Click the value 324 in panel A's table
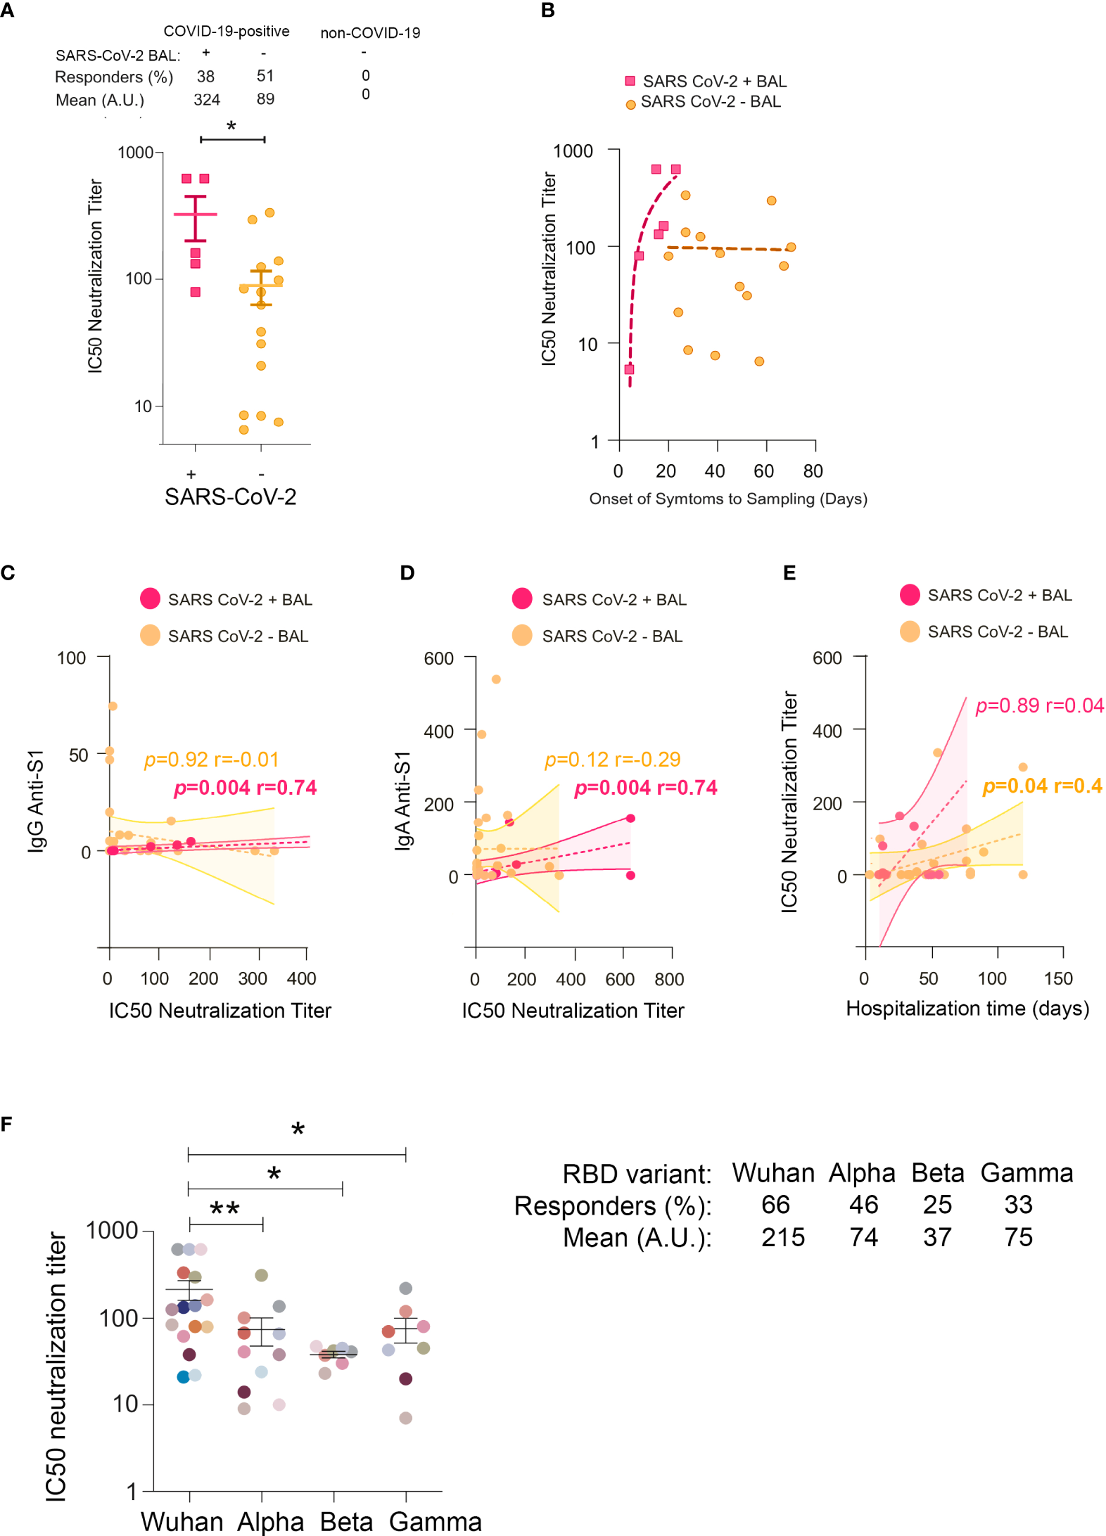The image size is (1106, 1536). [207, 100]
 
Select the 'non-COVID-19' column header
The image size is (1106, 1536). [370, 33]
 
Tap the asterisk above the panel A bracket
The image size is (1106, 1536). [231, 127]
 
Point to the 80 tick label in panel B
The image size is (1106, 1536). [813, 471]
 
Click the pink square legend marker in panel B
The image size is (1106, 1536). [630, 81]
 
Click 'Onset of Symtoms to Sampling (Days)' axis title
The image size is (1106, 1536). [728, 499]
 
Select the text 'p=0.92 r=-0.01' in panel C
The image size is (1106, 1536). [212, 760]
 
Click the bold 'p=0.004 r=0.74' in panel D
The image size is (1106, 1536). [646, 788]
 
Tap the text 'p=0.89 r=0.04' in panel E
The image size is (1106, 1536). [1039, 705]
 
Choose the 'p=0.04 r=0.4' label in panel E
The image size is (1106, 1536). [1042, 786]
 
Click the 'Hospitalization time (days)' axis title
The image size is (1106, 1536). [967, 1009]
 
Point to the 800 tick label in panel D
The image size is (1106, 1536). [669, 979]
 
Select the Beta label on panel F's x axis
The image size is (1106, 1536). [346, 1521]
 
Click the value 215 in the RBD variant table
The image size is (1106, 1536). [782, 1238]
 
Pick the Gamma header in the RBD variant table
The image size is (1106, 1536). [1026, 1173]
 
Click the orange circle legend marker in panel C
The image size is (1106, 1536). [150, 635]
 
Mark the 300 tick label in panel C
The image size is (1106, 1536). [253, 978]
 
